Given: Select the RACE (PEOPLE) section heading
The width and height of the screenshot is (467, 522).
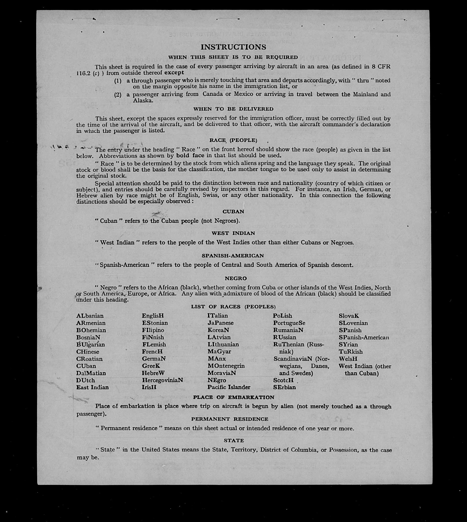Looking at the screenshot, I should pyautogui.click(x=233, y=140).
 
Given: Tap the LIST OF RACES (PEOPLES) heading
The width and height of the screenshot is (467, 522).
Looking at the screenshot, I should pyautogui.click(x=233, y=307).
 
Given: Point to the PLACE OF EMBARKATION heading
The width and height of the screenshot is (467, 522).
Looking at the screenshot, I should pyautogui.click(x=234, y=397).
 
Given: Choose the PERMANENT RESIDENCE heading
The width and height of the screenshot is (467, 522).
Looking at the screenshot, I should pyautogui.click(x=230, y=419).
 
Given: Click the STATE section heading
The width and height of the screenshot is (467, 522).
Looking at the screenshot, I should pyautogui.click(x=234, y=441).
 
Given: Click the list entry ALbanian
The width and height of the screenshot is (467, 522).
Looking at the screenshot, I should pyautogui.click(x=90, y=316).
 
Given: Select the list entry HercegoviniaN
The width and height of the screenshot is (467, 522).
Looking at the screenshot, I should pyautogui.click(x=162, y=380).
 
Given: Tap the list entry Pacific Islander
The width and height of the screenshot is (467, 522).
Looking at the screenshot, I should pyautogui.click(x=229, y=387).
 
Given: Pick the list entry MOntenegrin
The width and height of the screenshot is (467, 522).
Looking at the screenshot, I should pyautogui.click(x=226, y=366).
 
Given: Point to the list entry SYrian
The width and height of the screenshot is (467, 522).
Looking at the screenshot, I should pyautogui.click(x=348, y=344).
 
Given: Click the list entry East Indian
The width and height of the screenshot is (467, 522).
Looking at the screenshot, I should pyautogui.click(x=92, y=387).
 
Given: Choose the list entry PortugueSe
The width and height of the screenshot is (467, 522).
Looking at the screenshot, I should pyautogui.click(x=289, y=323).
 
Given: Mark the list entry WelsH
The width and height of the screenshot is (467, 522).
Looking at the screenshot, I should pyautogui.click(x=348, y=359).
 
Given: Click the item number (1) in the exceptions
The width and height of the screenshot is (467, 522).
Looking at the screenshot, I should pyautogui.click(x=118, y=81).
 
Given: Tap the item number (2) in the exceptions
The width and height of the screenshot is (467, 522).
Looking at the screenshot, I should pyautogui.click(x=118, y=95).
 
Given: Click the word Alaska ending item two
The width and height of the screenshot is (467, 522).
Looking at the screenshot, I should pyautogui.click(x=143, y=101).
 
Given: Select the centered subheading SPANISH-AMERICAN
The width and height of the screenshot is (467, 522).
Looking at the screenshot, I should pyautogui.click(x=233, y=256).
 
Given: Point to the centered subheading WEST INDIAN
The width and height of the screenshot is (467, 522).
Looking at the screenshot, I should pyautogui.click(x=233, y=233).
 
